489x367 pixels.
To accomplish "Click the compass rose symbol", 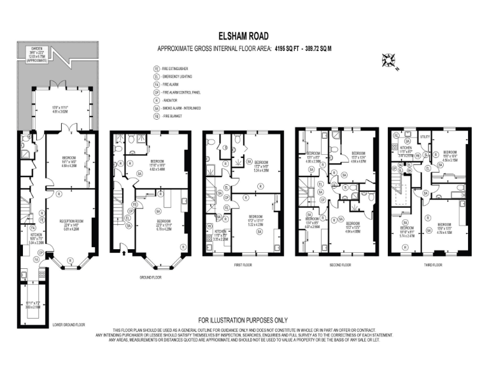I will click(387, 61).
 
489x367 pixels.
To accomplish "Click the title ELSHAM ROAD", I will click(243, 38).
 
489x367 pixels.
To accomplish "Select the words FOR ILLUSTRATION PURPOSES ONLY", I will click(243, 320).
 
